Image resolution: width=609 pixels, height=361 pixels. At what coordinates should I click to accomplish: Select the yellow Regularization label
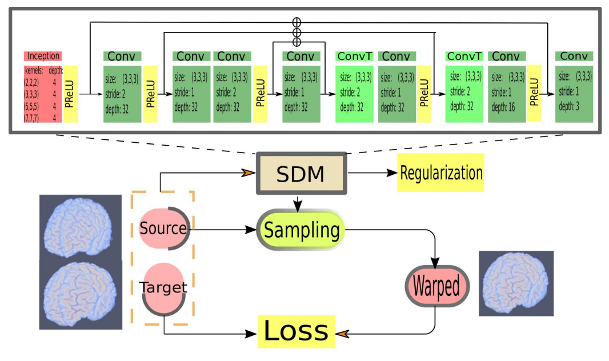(x=440, y=173)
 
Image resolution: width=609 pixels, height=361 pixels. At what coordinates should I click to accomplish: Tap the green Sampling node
(x=301, y=231)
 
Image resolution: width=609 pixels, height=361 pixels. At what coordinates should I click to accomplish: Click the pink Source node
(x=163, y=228)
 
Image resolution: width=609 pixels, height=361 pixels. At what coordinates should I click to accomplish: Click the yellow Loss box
(x=295, y=331)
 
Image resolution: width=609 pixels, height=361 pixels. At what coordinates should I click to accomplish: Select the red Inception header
(x=42, y=56)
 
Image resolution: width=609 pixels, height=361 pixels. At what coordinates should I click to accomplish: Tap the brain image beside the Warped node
(x=515, y=283)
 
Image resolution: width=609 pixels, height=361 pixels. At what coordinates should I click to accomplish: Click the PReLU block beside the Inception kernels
(x=71, y=94)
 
